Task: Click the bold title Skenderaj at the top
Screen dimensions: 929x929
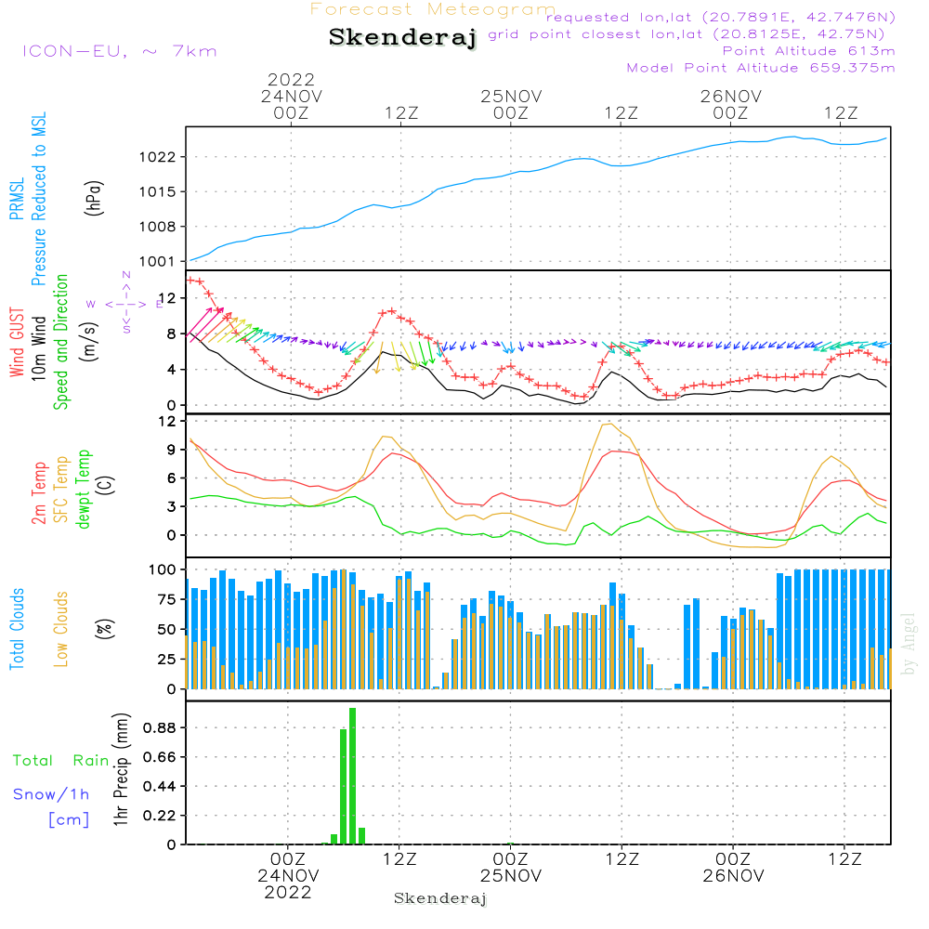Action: click(x=402, y=38)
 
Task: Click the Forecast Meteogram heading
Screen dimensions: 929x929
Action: click(x=433, y=9)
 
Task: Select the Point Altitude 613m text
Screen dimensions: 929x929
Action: click(x=808, y=50)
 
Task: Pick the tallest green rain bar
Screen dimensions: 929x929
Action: click(x=352, y=776)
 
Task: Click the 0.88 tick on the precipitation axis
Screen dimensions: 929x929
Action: click(x=158, y=726)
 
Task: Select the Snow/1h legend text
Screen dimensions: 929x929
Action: click(x=51, y=794)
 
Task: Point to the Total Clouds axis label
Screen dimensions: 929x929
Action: click(x=18, y=628)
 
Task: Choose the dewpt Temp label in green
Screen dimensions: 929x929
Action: click(x=83, y=490)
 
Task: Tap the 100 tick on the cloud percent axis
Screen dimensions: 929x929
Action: click(x=163, y=569)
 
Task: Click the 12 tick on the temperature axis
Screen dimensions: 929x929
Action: click(x=166, y=421)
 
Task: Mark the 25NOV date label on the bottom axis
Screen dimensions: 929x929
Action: click(x=510, y=876)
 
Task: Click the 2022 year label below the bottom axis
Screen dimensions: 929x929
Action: click(x=288, y=893)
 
